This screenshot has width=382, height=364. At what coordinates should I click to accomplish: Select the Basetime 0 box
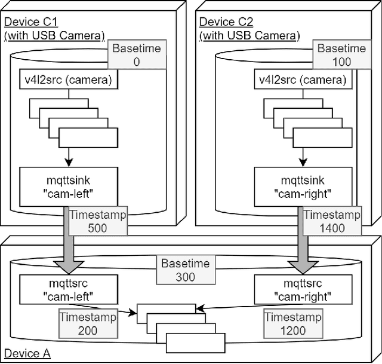137,54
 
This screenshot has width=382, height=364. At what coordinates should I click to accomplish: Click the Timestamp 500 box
97,222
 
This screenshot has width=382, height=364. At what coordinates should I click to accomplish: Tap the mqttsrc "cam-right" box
293,288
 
